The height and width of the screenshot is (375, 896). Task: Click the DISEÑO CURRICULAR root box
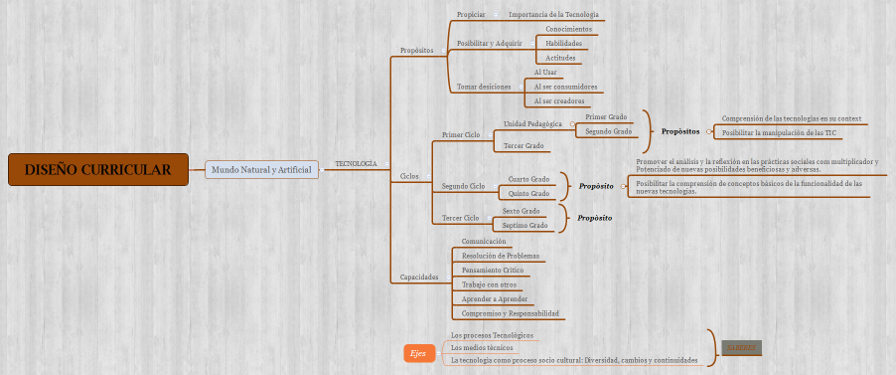pos(97,170)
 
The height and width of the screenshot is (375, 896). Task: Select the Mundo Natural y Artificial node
pos(262,170)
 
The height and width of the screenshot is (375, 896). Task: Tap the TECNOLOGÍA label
pos(356,163)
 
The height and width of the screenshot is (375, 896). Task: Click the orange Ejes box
pos(418,353)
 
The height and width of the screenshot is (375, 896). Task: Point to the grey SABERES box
pos(741,347)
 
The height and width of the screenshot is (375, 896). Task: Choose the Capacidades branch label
pos(418,277)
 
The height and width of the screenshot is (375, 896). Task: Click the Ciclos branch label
pos(409,176)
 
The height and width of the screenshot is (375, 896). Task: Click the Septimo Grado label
pos(524,225)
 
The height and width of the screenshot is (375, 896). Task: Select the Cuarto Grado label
pos(528,179)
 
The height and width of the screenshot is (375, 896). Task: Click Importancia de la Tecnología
pos(553,15)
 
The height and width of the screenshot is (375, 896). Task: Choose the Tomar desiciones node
pos(483,87)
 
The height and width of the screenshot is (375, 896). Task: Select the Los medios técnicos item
pos(482,348)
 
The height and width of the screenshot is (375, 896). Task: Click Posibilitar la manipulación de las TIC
pos(779,131)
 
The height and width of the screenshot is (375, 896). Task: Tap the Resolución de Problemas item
pos(501,256)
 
